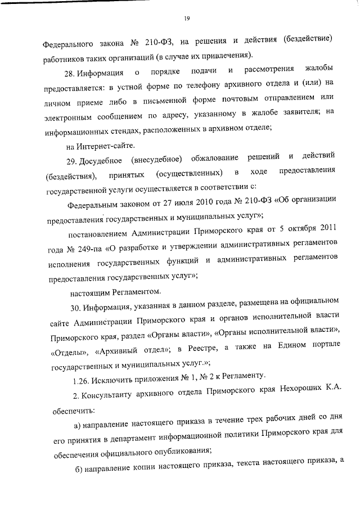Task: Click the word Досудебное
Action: click(102, 156)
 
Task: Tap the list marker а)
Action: click(78, 423)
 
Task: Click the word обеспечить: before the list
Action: click(67, 404)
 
